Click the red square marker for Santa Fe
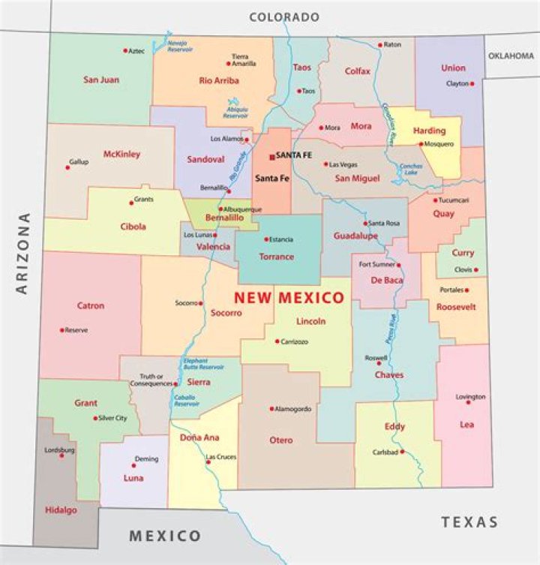271,157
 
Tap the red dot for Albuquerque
220,209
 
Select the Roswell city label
376,358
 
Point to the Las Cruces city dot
208,462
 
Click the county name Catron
90,306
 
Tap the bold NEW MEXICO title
289,298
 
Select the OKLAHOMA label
511,56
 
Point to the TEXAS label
469,521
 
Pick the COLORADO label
284,17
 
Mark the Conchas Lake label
412,170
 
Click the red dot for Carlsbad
402,452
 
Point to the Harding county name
429,131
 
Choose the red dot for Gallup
67,167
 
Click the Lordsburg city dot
61,455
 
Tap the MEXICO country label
165,536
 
